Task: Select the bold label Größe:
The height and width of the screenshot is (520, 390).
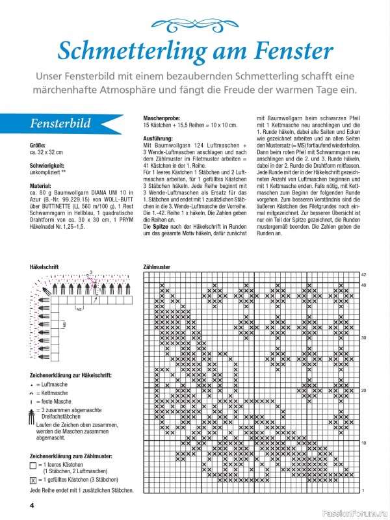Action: tap(38, 145)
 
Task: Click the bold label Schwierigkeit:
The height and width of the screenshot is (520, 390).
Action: tap(49, 166)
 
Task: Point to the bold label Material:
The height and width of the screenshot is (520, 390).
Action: tap(41, 186)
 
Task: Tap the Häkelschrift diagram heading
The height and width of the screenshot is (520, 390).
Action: tap(45, 267)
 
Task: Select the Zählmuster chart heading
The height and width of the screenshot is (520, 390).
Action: tap(157, 267)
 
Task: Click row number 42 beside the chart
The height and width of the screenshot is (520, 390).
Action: tap(364, 275)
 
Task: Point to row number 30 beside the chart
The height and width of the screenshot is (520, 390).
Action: tap(364, 338)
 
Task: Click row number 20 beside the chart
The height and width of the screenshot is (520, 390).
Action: tap(364, 390)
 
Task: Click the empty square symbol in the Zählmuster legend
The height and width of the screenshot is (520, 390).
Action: tap(33, 466)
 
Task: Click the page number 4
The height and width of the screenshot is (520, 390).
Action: tap(31, 505)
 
